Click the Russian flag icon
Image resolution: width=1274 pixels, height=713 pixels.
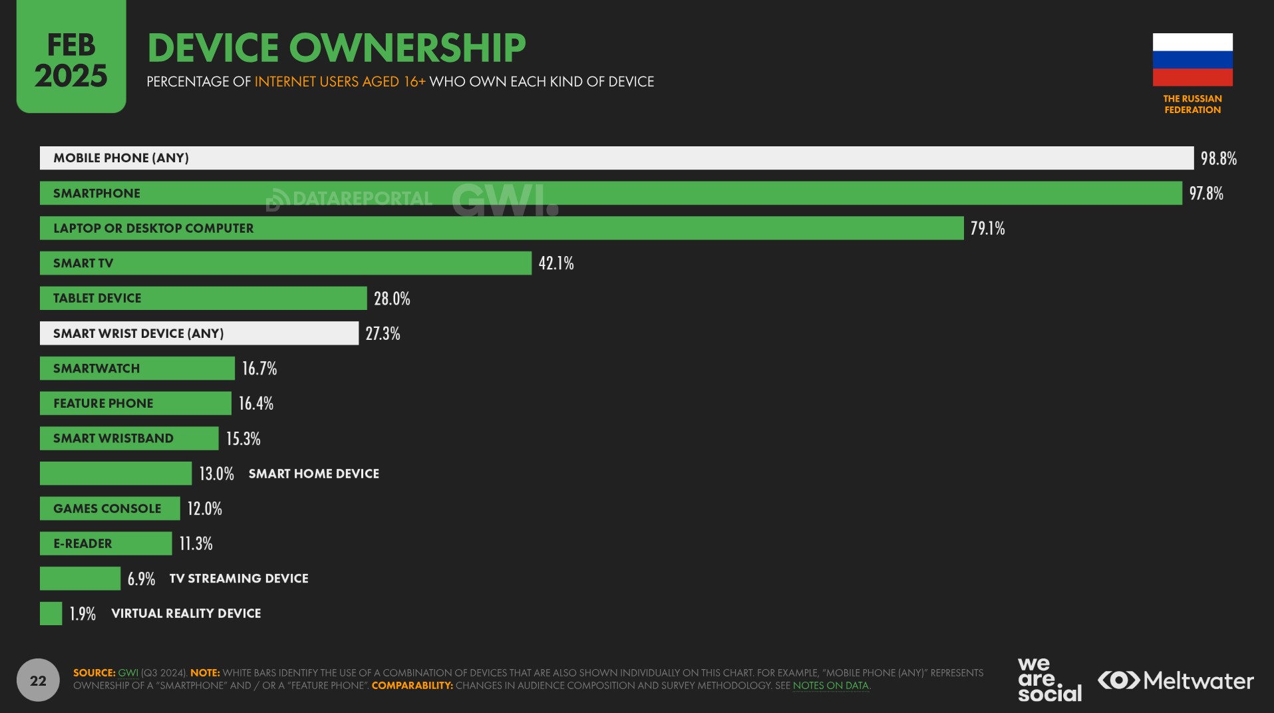point(1192,60)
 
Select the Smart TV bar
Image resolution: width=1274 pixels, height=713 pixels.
point(285,263)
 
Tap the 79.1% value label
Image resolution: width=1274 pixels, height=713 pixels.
point(987,229)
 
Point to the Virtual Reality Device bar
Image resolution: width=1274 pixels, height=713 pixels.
point(51,613)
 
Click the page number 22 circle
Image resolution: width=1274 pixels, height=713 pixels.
point(38,680)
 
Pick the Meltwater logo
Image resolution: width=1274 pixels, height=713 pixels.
point(1176,680)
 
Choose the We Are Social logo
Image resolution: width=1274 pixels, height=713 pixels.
point(1049,679)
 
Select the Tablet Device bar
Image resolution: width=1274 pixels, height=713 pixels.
point(203,299)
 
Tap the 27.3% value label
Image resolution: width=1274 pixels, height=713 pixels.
point(383,334)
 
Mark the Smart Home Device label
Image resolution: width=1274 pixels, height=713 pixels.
point(313,474)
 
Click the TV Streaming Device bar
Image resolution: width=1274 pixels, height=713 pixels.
point(80,579)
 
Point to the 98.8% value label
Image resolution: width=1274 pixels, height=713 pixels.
point(1218,159)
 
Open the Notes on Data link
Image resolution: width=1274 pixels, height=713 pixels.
point(830,686)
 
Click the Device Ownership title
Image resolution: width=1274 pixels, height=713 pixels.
point(336,48)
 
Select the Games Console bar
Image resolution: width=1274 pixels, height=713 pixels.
point(110,509)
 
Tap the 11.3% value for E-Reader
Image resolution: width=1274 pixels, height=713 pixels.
point(196,544)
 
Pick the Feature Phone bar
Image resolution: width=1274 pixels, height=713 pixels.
point(135,404)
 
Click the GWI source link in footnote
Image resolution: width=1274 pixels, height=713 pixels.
point(128,673)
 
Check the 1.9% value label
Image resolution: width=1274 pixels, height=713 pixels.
point(82,614)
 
